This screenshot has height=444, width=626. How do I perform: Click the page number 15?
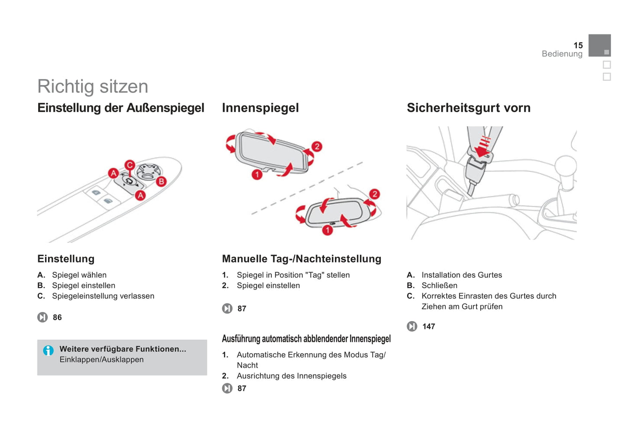click(x=578, y=45)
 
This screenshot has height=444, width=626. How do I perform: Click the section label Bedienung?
click(x=562, y=54)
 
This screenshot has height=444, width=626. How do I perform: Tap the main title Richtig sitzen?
click(x=93, y=86)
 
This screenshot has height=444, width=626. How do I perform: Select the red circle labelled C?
click(x=130, y=165)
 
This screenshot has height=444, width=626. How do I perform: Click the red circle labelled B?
click(x=161, y=182)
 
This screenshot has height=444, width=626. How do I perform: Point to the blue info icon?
click(x=48, y=350)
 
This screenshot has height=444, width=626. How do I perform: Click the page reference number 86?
click(x=57, y=317)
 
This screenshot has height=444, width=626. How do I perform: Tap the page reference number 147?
click(x=429, y=326)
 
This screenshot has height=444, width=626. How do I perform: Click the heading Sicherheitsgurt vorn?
click(x=469, y=108)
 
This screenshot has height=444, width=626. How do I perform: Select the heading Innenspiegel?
click(x=260, y=108)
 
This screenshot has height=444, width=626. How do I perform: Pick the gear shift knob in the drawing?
click(x=565, y=165)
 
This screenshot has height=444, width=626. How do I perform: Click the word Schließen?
click(x=439, y=285)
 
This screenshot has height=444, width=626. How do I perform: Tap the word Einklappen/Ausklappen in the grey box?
click(x=101, y=359)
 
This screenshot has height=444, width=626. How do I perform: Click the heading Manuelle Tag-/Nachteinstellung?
click(x=302, y=259)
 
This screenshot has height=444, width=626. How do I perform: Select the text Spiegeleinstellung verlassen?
click(x=103, y=296)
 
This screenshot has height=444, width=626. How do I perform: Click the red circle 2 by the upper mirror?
click(x=317, y=147)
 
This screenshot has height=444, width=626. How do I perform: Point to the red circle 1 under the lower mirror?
click(x=328, y=230)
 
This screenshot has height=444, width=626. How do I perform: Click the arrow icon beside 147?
click(x=412, y=326)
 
